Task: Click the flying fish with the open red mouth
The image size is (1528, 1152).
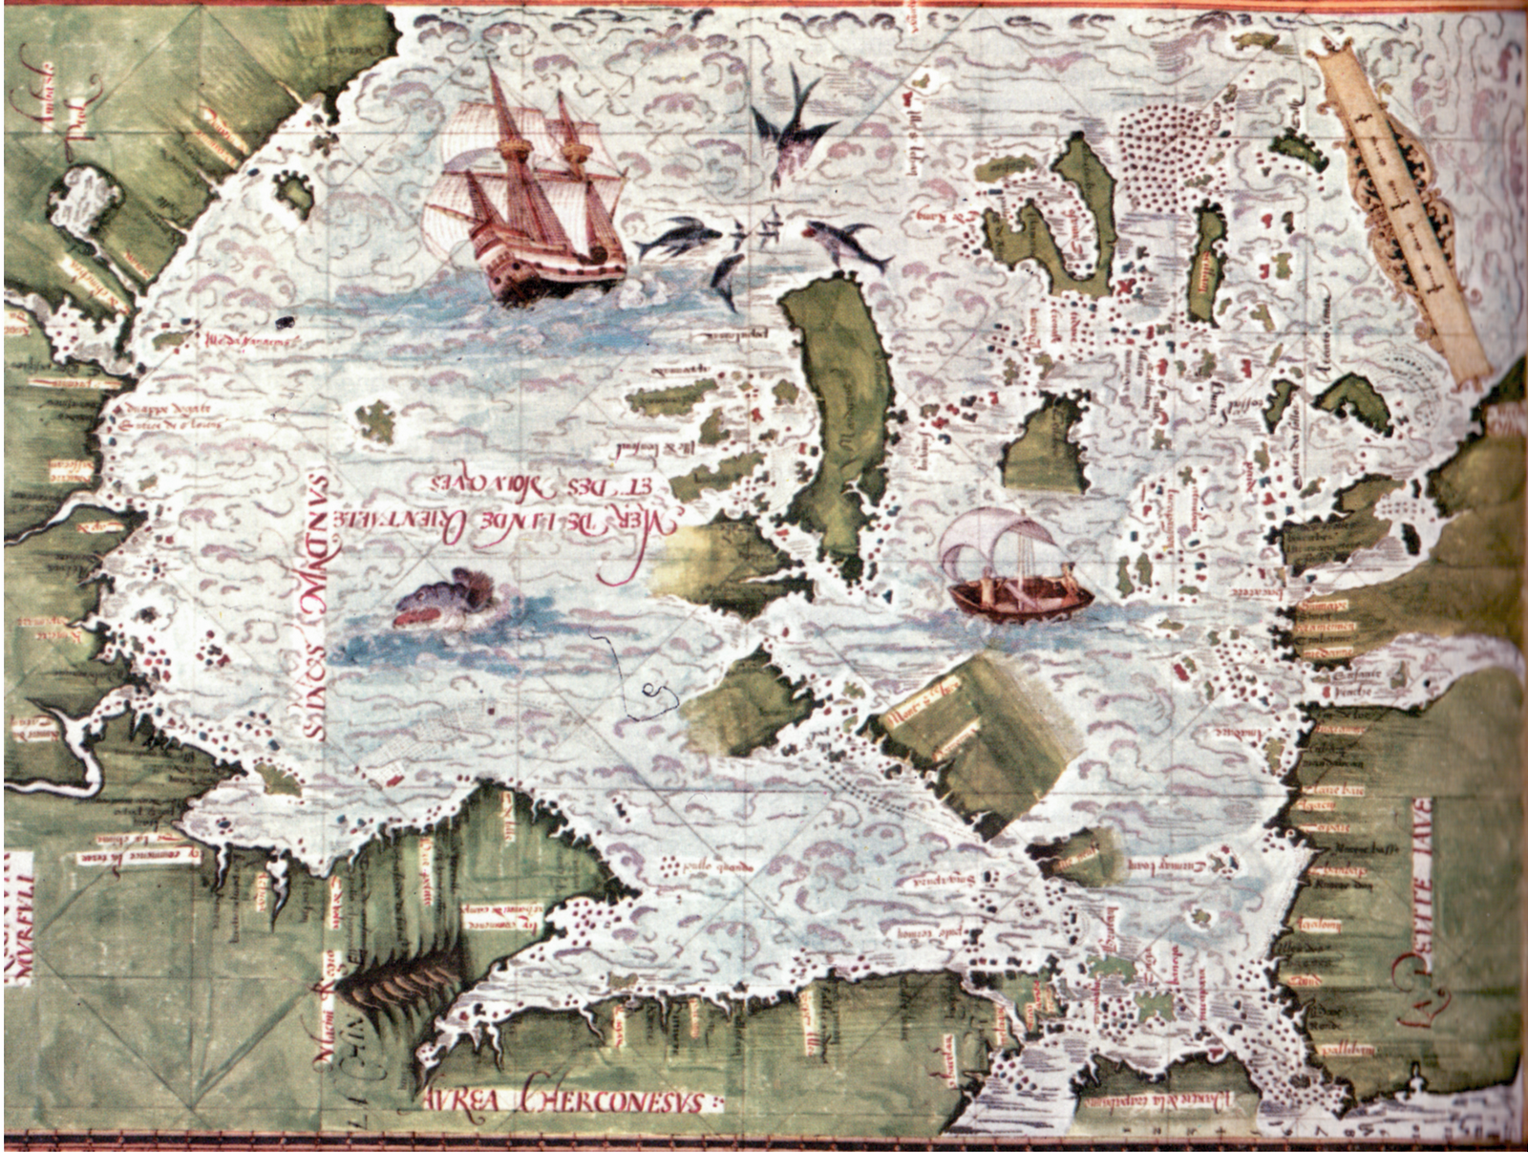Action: [840, 239]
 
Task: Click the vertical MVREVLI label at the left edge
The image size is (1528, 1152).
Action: [21, 907]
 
